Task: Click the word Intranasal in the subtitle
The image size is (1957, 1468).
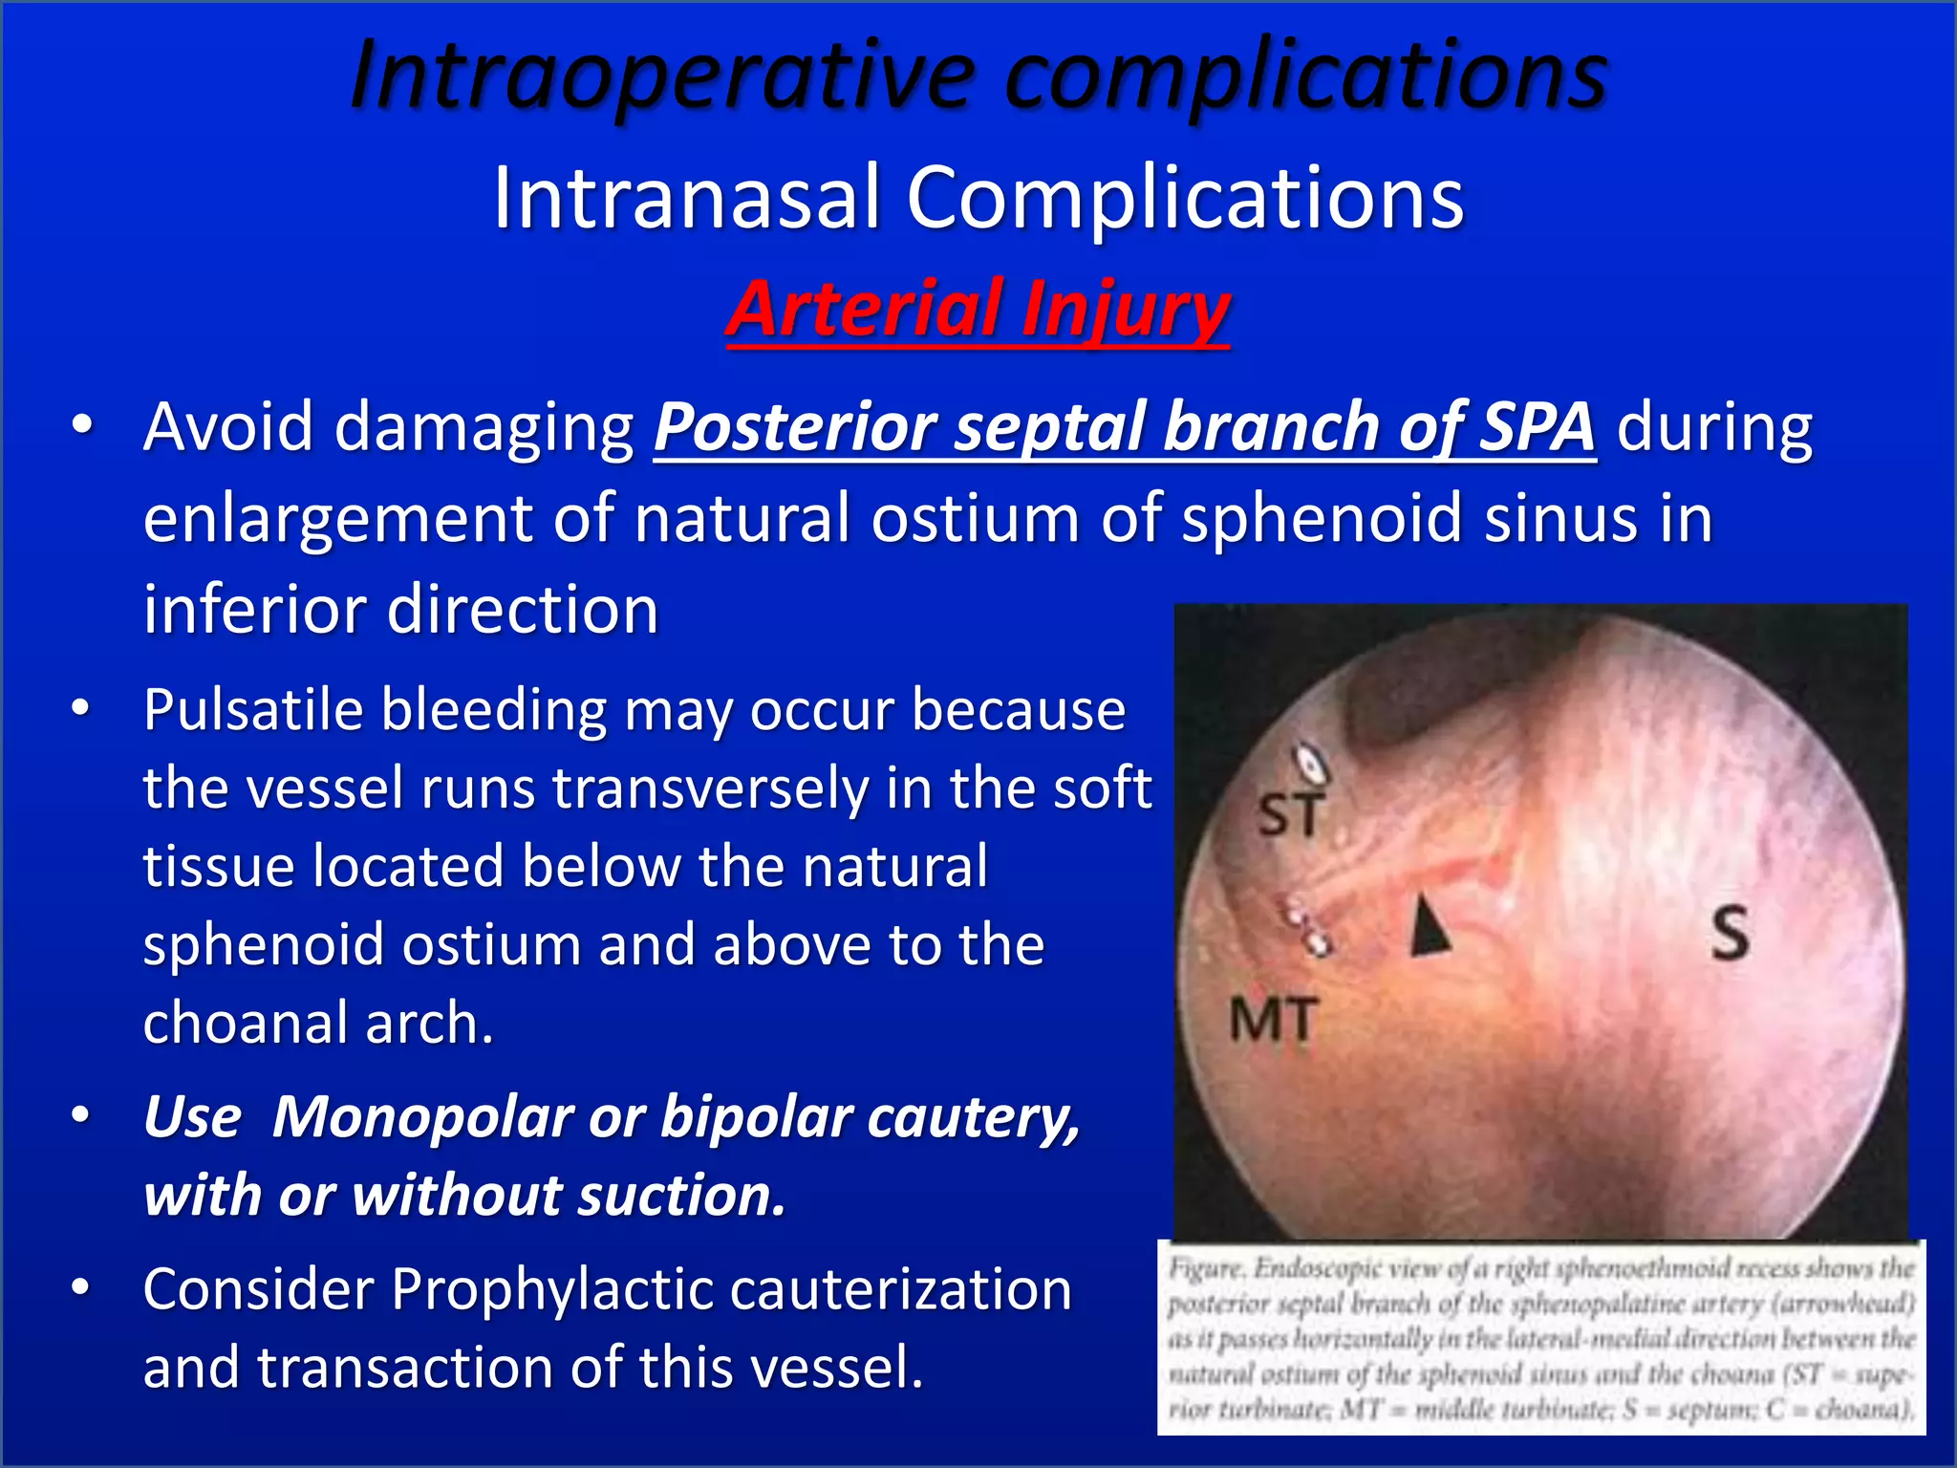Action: pyautogui.click(x=685, y=198)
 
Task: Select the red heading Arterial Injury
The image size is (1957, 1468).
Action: pyautogui.click(x=978, y=309)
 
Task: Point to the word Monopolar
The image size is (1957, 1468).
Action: pyautogui.click(x=420, y=1116)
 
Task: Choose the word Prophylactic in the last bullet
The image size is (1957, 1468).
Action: pyautogui.click(x=552, y=1288)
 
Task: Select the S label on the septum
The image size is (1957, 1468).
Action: pyautogui.click(x=1730, y=933)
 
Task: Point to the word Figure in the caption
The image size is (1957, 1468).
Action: pyautogui.click(x=1206, y=1269)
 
